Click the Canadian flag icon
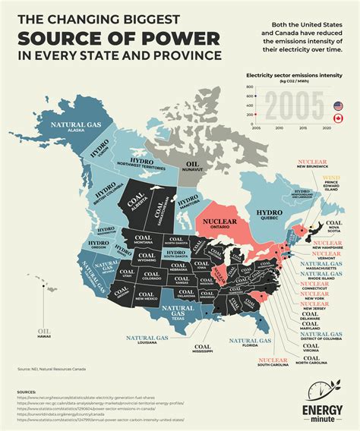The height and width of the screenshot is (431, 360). pyautogui.click(x=337, y=119)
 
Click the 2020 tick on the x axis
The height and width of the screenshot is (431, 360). pyautogui.click(x=327, y=129)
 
